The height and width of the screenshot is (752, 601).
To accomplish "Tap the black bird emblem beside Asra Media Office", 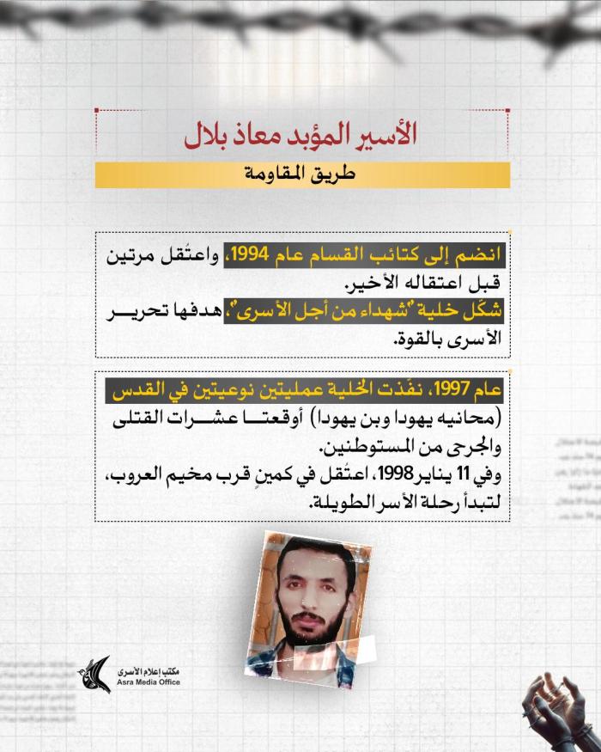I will pos(96,676).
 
